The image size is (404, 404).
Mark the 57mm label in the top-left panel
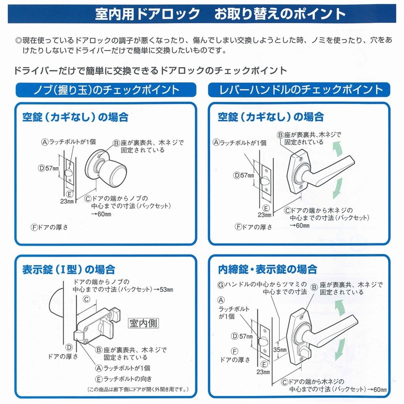coord(53,168)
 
